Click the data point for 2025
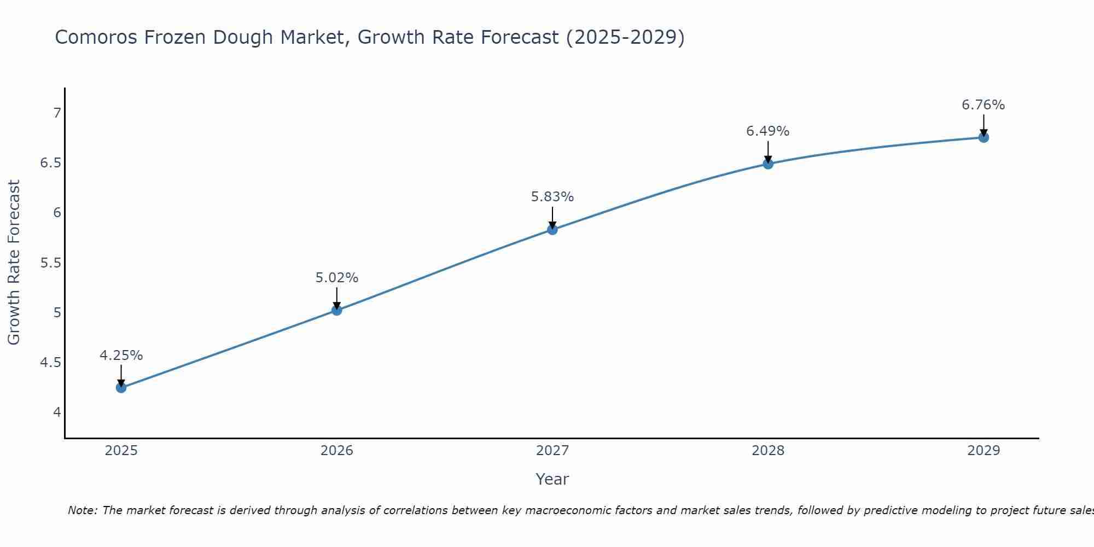tap(121, 388)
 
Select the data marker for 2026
tap(336, 310)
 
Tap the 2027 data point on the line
tap(552, 230)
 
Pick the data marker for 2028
tap(768, 164)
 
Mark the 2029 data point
tap(984, 137)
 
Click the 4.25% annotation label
tap(121, 356)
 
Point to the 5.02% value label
tap(336, 278)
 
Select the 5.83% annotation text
tap(552, 197)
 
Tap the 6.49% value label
tap(768, 131)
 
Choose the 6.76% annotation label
tap(984, 105)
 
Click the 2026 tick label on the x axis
tap(336, 451)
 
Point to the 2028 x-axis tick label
tap(768, 451)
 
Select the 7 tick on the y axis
tap(57, 113)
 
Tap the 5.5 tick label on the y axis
tap(51, 263)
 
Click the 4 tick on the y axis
tap(57, 412)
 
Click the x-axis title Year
tap(552, 479)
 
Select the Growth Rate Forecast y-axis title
tap(14, 263)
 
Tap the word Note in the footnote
tap(82, 510)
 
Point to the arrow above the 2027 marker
tap(552, 217)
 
